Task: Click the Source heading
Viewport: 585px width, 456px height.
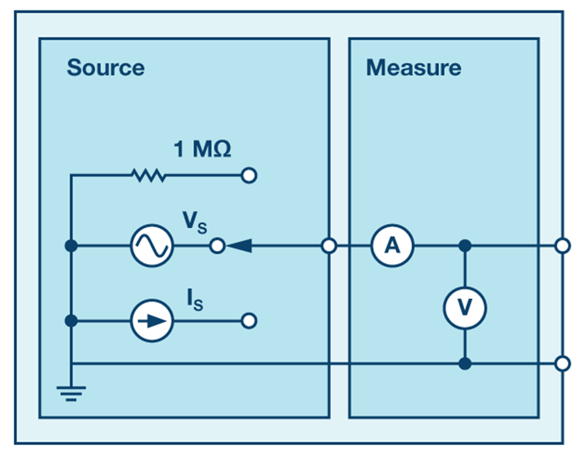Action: point(105,68)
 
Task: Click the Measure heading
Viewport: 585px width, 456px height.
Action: point(413,68)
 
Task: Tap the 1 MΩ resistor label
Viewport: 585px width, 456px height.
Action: point(202,150)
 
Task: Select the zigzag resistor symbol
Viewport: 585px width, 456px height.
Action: point(148,175)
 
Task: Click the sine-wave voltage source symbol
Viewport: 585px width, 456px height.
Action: point(151,246)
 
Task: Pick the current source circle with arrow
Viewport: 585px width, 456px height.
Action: point(151,321)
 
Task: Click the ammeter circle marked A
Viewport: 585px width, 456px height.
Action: point(392,246)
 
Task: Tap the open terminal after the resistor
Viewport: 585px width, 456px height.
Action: point(249,175)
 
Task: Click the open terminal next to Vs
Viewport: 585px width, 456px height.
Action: point(219,246)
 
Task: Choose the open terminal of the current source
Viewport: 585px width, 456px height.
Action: point(249,321)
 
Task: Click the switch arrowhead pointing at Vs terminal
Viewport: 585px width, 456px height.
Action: point(239,246)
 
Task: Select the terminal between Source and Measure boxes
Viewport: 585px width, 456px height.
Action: point(330,246)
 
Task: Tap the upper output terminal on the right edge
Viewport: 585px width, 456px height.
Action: point(563,246)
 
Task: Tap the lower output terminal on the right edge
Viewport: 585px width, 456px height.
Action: point(563,363)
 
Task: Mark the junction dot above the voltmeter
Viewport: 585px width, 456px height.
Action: point(465,246)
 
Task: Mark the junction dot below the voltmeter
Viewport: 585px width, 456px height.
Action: point(465,363)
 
